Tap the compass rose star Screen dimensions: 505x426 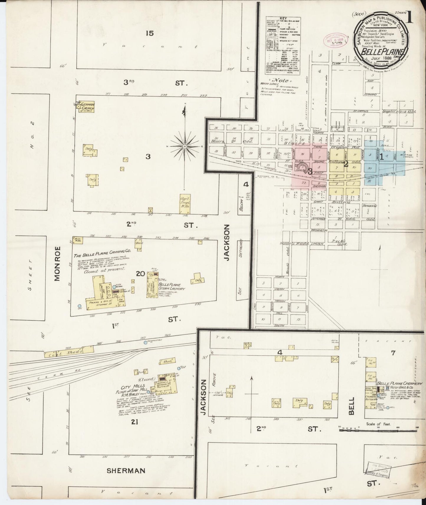(x=185, y=146)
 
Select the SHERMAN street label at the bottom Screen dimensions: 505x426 (x=126, y=471)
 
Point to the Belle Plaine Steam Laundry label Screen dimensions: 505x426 (x=172, y=287)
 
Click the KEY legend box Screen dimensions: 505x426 (x=283, y=45)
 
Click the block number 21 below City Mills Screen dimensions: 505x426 (x=135, y=423)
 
